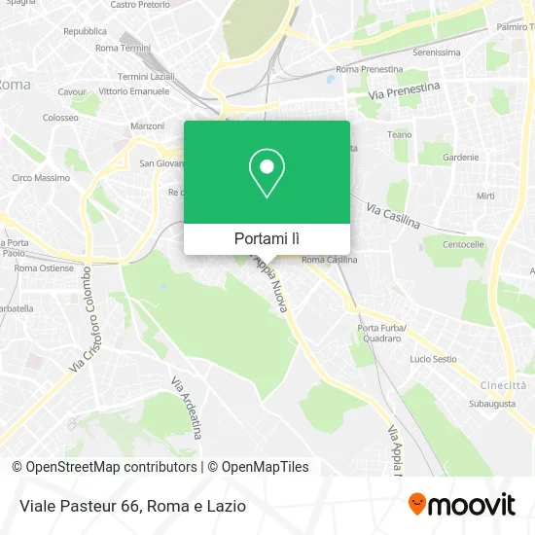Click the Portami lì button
pyautogui.click(x=267, y=238)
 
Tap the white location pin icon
pyautogui.click(x=267, y=172)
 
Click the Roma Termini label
pyautogui.click(x=124, y=47)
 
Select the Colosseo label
pyautogui.click(x=60, y=118)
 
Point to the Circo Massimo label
pyautogui.click(x=41, y=178)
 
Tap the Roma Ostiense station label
pyautogui.click(x=45, y=267)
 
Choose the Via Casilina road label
pyautogui.click(x=393, y=216)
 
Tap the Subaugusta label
pyautogui.click(x=491, y=400)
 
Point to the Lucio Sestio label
pyautogui.click(x=433, y=359)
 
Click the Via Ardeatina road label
pyautogui.click(x=185, y=408)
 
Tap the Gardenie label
pyautogui.click(x=460, y=157)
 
